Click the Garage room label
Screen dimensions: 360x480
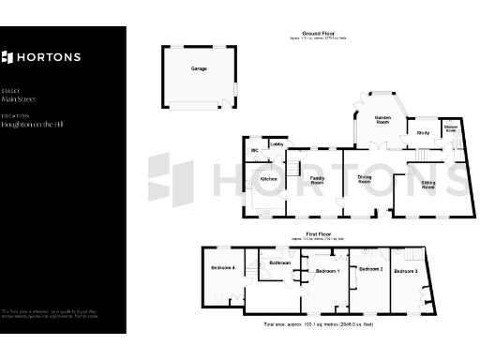tap(199, 68)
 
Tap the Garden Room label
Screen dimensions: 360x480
tap(382, 120)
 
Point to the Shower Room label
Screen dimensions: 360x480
tap(450, 128)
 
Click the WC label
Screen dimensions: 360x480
tap(253, 150)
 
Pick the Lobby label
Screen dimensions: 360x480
tap(277, 144)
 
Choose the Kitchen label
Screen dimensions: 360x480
tap(268, 178)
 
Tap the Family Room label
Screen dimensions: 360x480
tap(318, 180)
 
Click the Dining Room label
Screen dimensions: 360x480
tap(366, 180)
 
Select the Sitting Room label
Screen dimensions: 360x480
tap(427, 185)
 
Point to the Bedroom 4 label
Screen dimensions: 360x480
tap(222, 269)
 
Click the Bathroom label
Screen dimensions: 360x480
tap(279, 263)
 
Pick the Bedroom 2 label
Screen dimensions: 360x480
tap(370, 270)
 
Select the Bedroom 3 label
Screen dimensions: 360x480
tap(405, 271)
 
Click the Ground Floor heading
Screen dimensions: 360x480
tap(307, 35)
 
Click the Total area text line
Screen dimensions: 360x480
tap(319, 323)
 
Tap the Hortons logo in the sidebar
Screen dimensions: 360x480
tap(40, 57)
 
